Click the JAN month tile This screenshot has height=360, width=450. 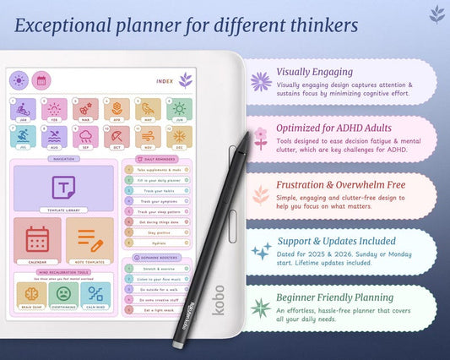point(23,110)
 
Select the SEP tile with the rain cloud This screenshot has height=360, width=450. point(85,137)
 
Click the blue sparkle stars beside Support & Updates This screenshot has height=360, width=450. point(261,251)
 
